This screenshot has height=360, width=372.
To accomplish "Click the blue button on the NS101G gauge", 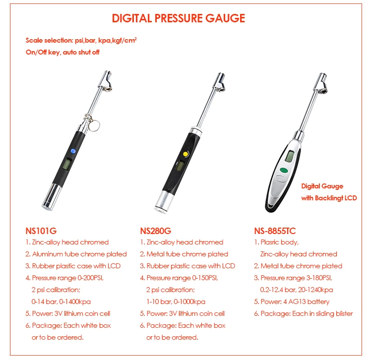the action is point(73,151).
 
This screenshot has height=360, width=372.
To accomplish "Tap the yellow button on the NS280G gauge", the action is point(186,154).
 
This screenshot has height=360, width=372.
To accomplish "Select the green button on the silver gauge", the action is point(284,170).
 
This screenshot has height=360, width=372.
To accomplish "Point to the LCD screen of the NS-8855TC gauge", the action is point(290,156).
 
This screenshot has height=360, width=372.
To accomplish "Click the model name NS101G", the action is point(41,231).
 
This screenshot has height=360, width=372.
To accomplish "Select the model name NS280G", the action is point(156,231).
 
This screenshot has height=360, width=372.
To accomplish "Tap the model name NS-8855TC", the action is point(275,231).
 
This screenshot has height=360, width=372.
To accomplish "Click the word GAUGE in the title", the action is point(225,18).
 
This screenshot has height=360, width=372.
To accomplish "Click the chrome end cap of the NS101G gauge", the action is point(52,197).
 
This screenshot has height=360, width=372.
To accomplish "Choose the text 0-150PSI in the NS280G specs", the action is point(205,278).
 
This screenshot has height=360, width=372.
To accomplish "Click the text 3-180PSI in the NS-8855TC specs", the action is point(319,278).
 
